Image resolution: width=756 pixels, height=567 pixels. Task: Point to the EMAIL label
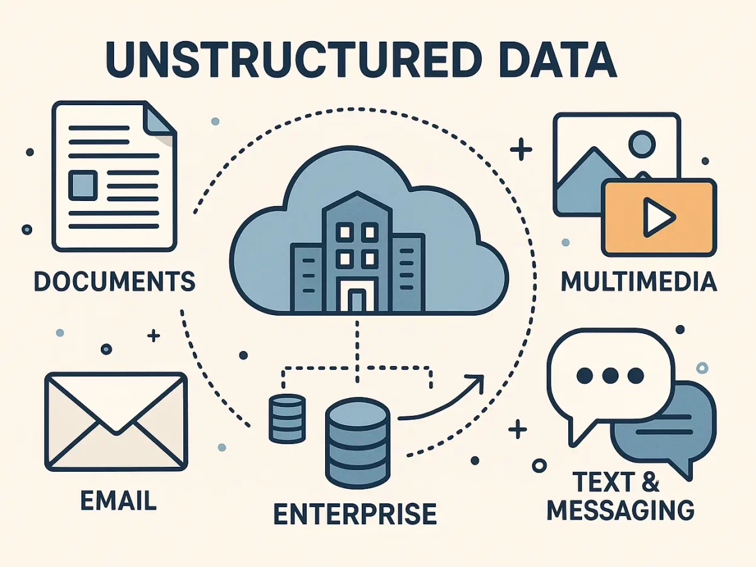click(118, 500)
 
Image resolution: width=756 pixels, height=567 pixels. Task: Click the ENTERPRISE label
click(355, 513)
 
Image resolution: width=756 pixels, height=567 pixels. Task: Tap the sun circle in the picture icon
click(642, 144)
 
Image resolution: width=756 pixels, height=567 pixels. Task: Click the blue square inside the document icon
click(83, 185)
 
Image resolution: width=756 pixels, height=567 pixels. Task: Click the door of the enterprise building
click(357, 300)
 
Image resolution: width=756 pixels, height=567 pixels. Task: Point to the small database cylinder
click(287, 418)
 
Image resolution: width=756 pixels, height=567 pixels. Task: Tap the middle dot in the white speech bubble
click(610, 375)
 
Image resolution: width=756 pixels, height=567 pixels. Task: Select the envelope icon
click(117, 421)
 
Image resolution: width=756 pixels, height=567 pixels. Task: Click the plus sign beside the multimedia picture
click(521, 149)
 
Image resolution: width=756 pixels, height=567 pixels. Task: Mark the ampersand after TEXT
click(650, 481)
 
